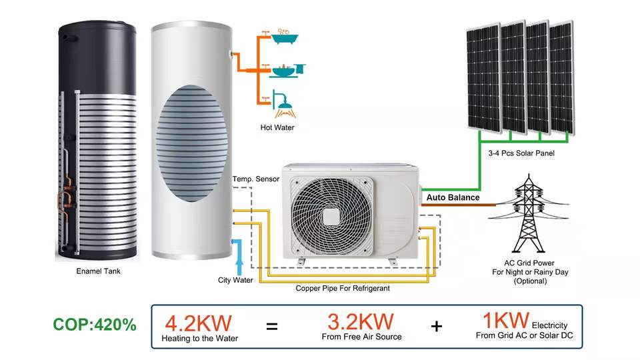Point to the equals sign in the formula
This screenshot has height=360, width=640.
point(271,327)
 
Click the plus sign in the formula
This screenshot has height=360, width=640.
point(437,327)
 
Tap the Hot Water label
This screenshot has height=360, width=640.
point(277,127)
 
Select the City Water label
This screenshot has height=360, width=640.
point(235,280)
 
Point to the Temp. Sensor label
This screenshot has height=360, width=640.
point(255,180)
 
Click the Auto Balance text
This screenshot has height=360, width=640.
point(453,197)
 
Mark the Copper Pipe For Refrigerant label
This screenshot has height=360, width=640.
point(343,289)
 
